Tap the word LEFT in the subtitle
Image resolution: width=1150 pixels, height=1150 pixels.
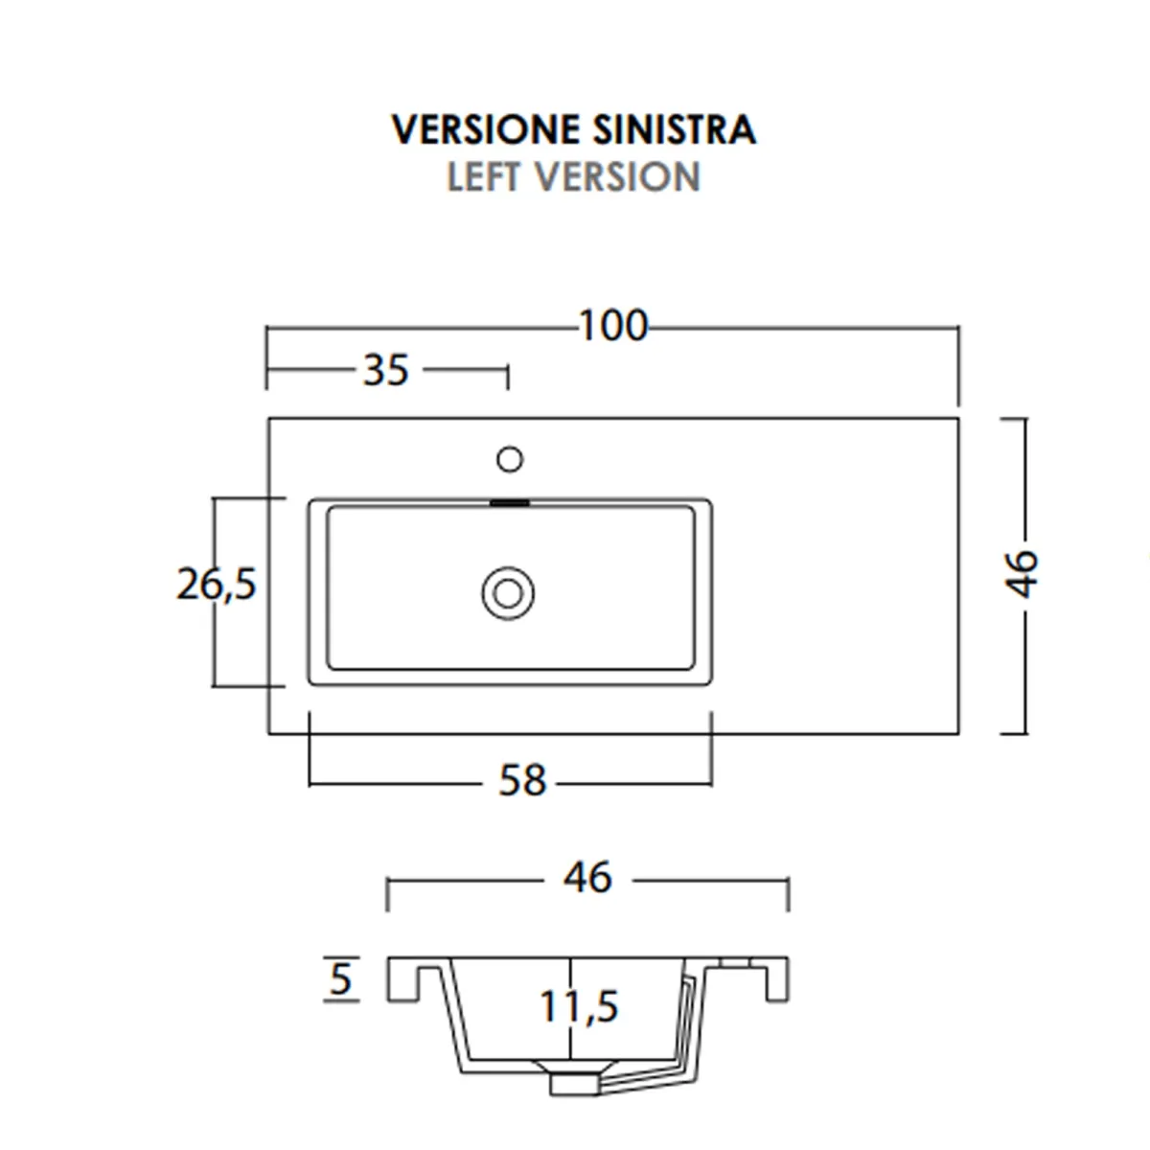click(x=484, y=177)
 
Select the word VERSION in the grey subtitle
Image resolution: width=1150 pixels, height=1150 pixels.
click(x=618, y=177)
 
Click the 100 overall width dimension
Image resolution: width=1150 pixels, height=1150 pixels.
click(x=613, y=326)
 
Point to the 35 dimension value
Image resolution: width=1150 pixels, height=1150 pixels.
click(x=386, y=370)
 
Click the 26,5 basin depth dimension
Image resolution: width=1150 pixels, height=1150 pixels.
click(x=218, y=583)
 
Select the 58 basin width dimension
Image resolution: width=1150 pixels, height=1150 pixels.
click(x=522, y=781)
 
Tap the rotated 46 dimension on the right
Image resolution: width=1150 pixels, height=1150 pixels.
click(x=1023, y=572)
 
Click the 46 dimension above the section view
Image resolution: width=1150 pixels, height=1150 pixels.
click(x=587, y=877)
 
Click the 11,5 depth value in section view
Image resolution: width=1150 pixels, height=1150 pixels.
click(x=579, y=1007)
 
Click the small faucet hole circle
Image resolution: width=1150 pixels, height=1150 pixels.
click(x=510, y=460)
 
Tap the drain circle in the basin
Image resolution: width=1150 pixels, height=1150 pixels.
click(x=508, y=593)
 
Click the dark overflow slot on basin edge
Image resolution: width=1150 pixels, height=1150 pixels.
click(x=510, y=501)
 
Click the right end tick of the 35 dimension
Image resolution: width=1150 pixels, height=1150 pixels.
click(x=507, y=377)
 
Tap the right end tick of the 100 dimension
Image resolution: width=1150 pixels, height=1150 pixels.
click(x=958, y=364)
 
